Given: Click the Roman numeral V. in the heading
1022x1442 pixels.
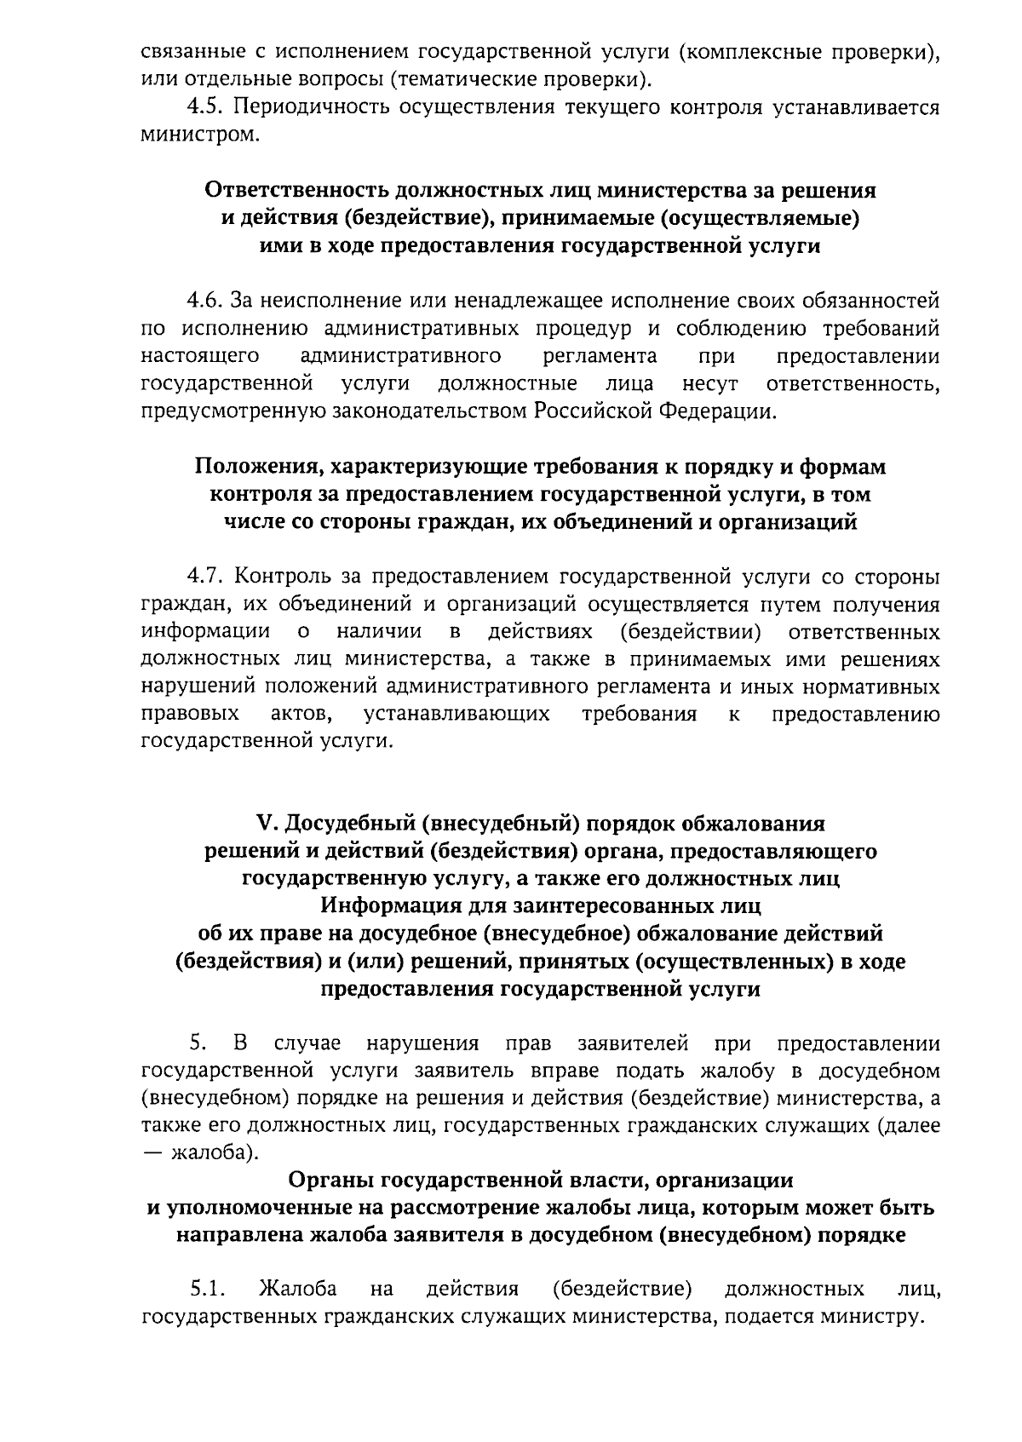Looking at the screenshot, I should [267, 824].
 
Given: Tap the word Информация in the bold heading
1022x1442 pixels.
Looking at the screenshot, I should [385, 905].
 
